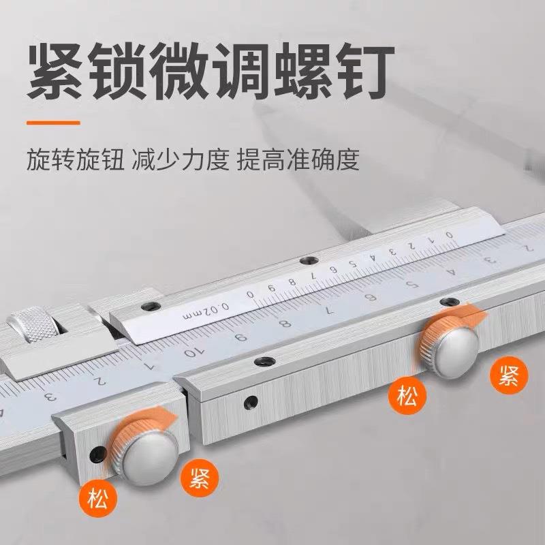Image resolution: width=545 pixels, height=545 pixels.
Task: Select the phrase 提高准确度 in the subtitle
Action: pos(298,161)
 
